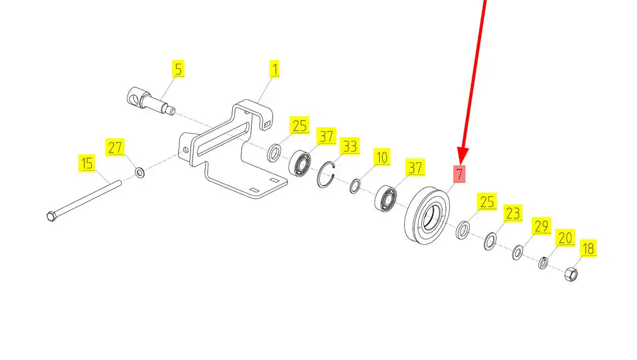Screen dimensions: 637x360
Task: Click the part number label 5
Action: [x=178, y=69]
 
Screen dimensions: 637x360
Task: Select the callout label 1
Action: [x=275, y=69]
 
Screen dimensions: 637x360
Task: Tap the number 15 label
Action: [x=88, y=163]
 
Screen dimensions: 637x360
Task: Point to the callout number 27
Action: [x=116, y=148]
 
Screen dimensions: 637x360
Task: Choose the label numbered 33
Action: [x=349, y=146]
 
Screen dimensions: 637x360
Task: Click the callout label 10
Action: [x=382, y=157]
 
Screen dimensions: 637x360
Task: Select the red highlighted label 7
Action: [x=459, y=174]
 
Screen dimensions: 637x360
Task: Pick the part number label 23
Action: [x=512, y=214]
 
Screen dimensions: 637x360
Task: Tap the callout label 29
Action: [x=541, y=225]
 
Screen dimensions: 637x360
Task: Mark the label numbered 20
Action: [x=565, y=237]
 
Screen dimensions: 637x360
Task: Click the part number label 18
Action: [x=587, y=248]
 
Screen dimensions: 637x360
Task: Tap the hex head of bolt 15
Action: [x=51, y=216]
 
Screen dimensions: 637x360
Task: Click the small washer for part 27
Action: [x=140, y=173]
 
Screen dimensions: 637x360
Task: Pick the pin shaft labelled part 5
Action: [x=151, y=102]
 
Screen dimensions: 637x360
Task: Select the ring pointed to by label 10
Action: [x=355, y=186]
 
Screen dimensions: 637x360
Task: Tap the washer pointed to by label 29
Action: [x=518, y=252]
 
